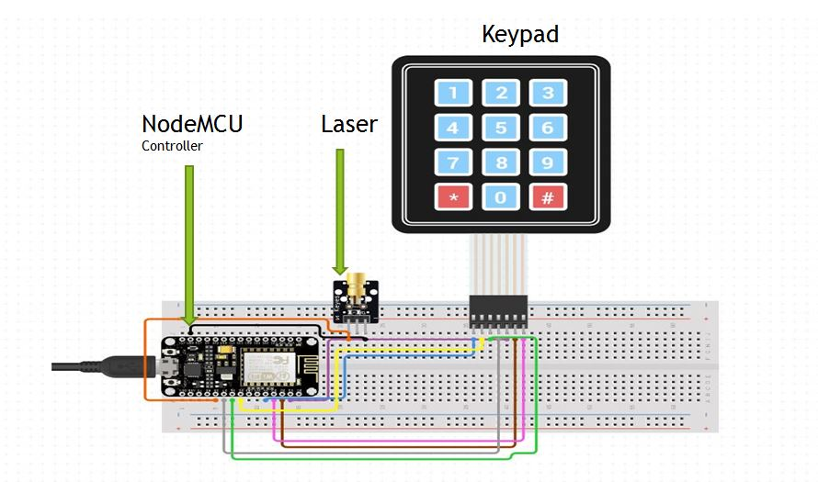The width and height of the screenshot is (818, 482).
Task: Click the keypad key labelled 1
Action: (452, 93)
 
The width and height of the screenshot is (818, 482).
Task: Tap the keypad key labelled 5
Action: (500, 128)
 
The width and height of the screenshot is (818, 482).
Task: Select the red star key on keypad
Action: (452, 197)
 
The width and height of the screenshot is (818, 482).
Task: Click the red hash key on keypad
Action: (548, 197)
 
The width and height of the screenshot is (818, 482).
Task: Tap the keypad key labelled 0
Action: (500, 197)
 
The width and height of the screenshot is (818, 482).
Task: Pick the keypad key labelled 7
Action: (452, 163)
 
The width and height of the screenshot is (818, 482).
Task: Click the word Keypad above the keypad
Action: (520, 35)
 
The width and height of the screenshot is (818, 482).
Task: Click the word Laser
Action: (349, 124)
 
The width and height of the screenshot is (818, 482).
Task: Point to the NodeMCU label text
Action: (192, 124)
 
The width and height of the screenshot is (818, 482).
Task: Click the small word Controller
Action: (172, 146)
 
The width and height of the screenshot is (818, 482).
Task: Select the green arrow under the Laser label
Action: (340, 211)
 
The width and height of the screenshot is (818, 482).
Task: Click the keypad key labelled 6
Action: (548, 128)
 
